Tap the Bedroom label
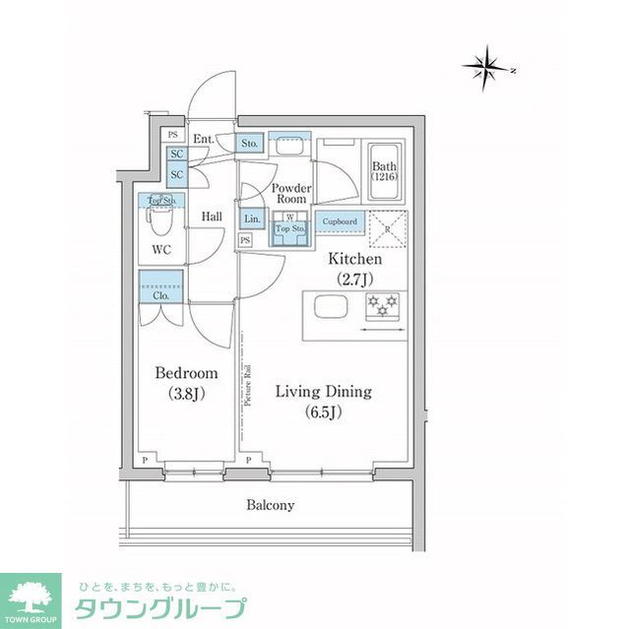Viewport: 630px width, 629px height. pyautogui.click(x=186, y=382)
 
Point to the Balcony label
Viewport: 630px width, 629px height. pyautogui.click(x=270, y=505)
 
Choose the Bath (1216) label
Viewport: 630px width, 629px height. pyautogui.click(x=384, y=172)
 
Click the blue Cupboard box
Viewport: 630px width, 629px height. pyautogui.click(x=341, y=222)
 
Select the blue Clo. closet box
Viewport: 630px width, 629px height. pyautogui.click(x=159, y=294)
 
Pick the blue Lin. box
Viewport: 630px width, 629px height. pyautogui.click(x=252, y=219)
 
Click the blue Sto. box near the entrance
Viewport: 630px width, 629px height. pyautogui.click(x=250, y=144)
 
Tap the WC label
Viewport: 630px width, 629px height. pyautogui.click(x=161, y=250)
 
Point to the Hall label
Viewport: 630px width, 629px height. pyautogui.click(x=212, y=217)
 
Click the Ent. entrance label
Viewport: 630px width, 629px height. pyautogui.click(x=203, y=139)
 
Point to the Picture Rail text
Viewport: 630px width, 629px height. pyautogui.click(x=248, y=383)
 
